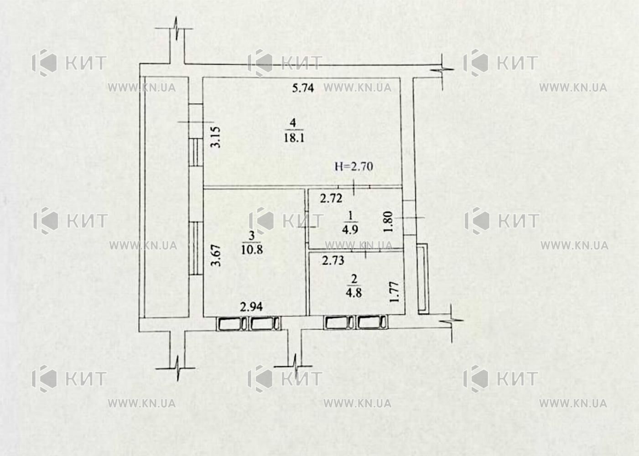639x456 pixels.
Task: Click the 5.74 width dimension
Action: (303, 88)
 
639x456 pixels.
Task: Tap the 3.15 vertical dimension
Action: (216, 137)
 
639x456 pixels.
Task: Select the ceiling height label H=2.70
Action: (354, 166)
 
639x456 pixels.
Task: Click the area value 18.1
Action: (294, 138)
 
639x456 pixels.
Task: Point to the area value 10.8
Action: (252, 250)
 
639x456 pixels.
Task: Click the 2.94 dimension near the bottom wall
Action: (251, 307)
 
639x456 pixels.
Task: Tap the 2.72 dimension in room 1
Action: (331, 198)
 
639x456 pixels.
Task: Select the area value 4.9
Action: (350, 229)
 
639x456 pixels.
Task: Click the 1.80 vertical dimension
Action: (388, 222)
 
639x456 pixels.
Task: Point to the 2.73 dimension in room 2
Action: (333, 260)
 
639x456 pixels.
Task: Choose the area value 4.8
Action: (354, 293)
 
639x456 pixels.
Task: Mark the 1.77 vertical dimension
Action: (394, 292)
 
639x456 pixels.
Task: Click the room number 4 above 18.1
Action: (293, 123)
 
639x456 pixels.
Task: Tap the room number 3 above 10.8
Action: (252, 236)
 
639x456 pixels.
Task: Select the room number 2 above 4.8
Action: (354, 279)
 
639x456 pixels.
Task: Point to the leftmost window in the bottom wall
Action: (232, 324)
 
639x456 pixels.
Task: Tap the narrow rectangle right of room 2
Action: (423, 279)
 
